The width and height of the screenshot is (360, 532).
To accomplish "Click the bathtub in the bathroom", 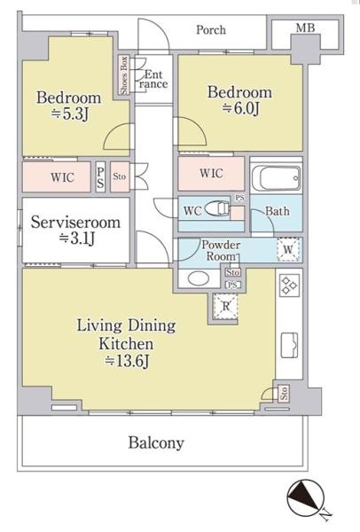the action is [x=276, y=178].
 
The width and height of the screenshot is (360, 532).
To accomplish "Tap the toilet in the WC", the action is [x=218, y=209].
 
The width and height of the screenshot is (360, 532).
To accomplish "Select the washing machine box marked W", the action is [x=287, y=249].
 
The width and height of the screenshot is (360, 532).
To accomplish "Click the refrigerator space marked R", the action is [x=225, y=307].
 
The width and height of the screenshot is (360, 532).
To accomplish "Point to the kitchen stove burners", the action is [x=289, y=285].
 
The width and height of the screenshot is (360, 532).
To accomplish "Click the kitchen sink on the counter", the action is [x=289, y=345].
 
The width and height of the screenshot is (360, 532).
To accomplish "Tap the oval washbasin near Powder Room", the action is [x=197, y=278].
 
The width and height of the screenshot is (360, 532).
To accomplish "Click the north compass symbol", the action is [x=305, y=496].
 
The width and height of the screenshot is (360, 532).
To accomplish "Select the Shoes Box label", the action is [x=124, y=75].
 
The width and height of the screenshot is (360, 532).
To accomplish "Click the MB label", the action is [x=305, y=27].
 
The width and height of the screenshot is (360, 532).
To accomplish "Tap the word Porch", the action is [x=211, y=30].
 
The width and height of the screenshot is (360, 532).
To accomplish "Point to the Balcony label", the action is [x=156, y=442].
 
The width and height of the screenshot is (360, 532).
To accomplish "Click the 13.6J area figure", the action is [x=127, y=361].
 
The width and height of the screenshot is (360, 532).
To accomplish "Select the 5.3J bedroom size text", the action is [x=70, y=114].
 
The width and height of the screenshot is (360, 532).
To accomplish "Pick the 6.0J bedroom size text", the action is [x=240, y=108].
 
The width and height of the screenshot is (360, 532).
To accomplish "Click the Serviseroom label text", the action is [x=75, y=223].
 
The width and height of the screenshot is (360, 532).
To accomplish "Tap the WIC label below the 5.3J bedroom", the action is [x=62, y=177].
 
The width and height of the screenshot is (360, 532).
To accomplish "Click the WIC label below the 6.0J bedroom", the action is [x=211, y=174].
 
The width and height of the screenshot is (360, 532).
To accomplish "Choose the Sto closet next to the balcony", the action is [x=284, y=393].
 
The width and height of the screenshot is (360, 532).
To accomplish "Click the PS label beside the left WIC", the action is [x=100, y=178].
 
